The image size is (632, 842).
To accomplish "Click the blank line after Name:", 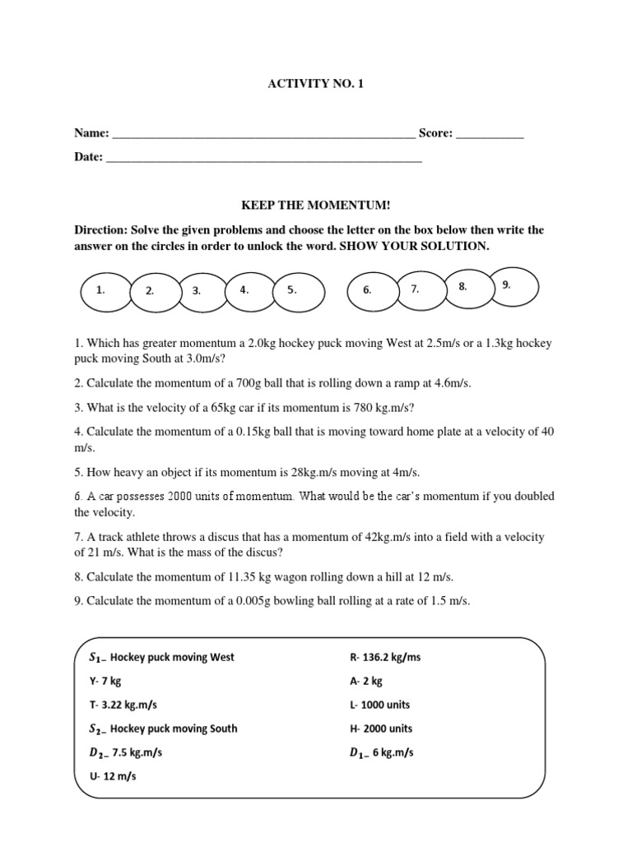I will [x=263, y=134].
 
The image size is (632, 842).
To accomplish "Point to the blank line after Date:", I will [x=264, y=157].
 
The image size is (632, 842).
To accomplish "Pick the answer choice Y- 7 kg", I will [x=105, y=682].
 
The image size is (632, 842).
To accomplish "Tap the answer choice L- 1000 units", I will [x=379, y=706].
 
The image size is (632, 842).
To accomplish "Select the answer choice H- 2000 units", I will [x=381, y=729].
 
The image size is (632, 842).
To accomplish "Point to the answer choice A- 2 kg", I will [x=366, y=682].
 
